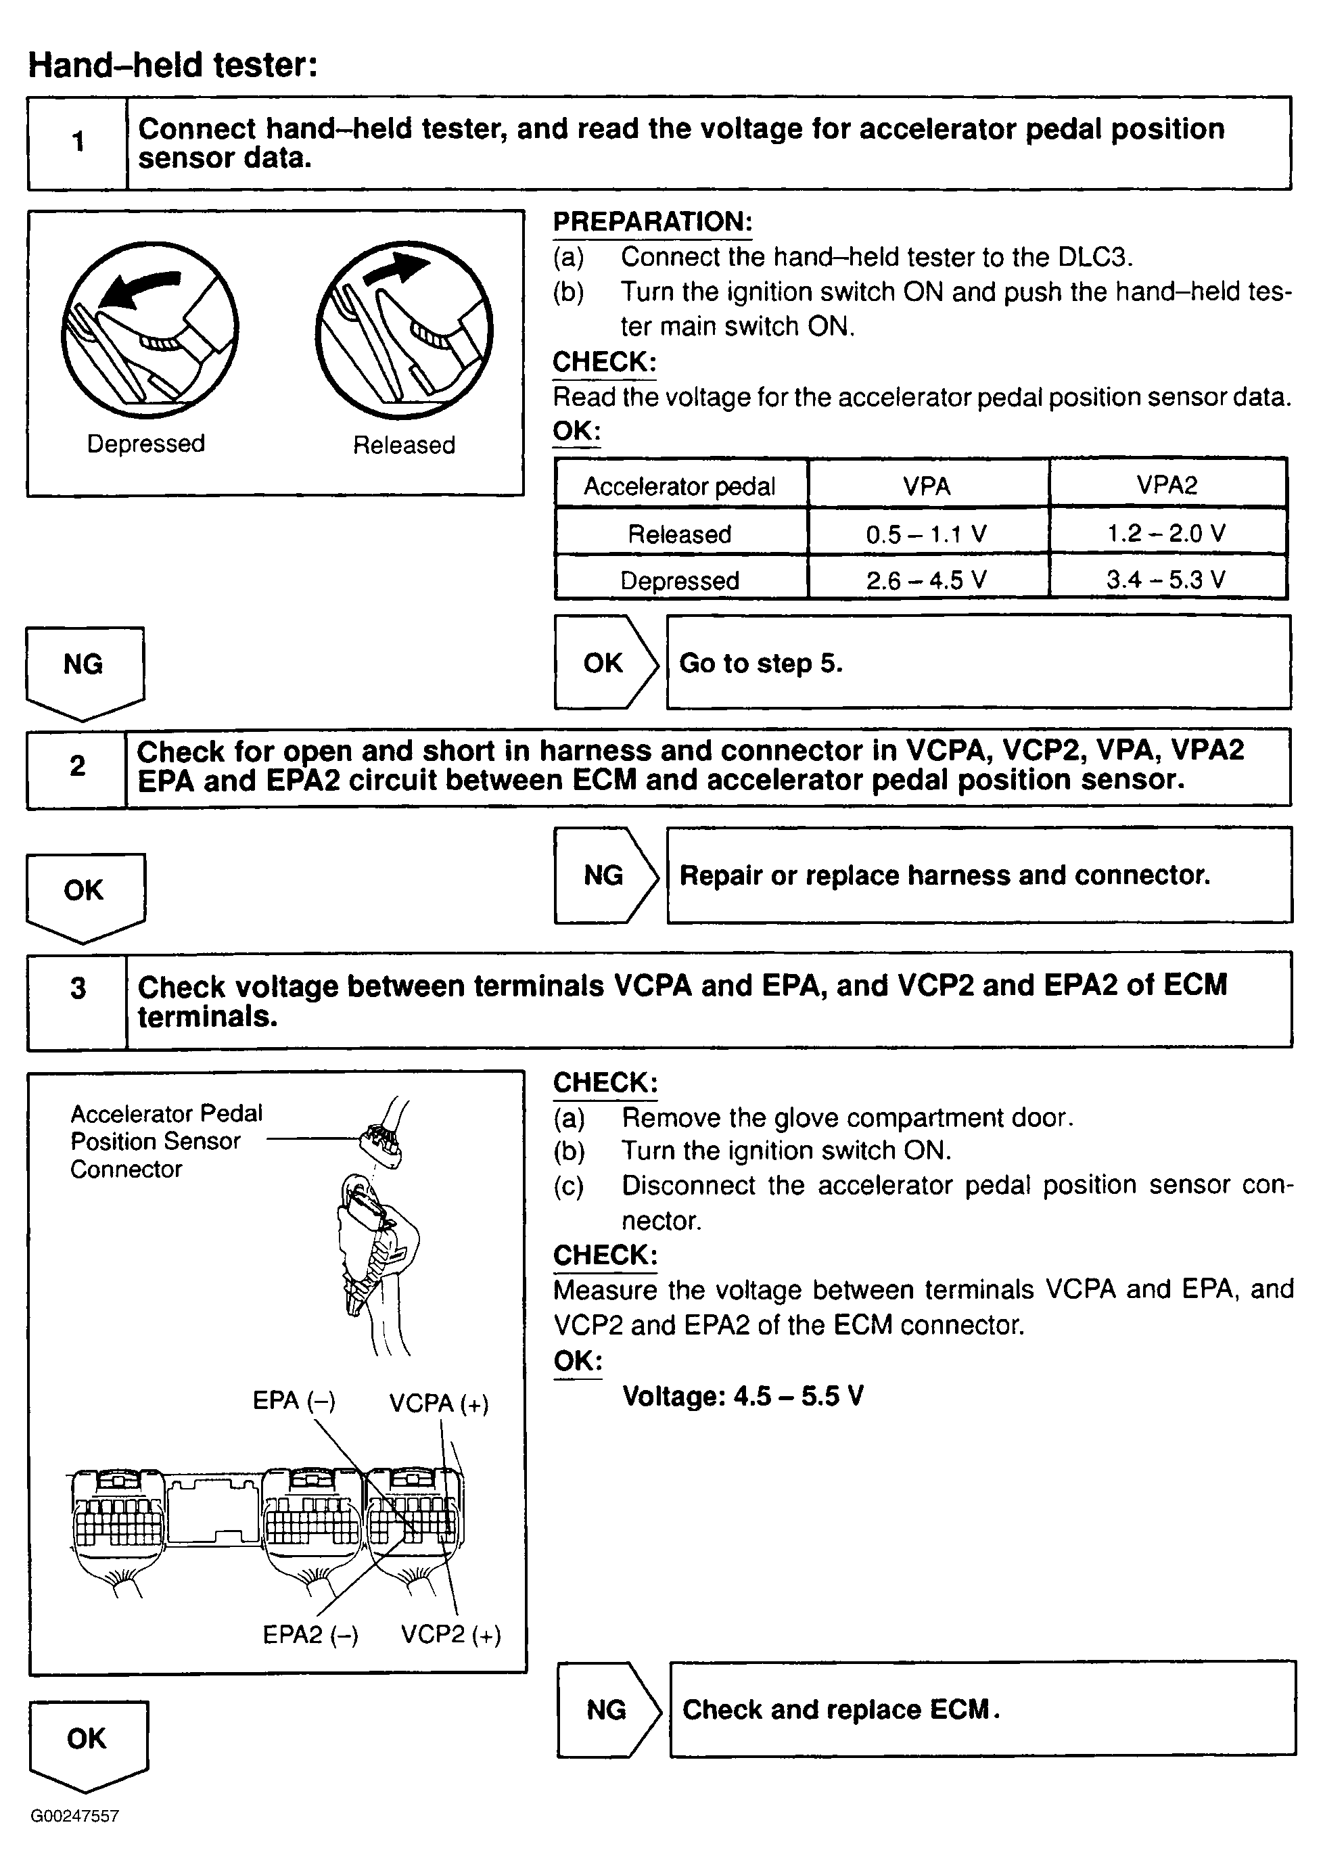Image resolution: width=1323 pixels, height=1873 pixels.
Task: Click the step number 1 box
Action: pyautogui.click(x=78, y=143)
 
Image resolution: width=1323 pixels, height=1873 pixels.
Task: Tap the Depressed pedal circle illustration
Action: pyautogui.click(x=150, y=329)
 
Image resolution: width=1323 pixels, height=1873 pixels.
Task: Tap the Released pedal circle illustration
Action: pyautogui.click(x=404, y=329)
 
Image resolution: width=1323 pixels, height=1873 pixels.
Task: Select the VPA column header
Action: pyautogui.click(x=927, y=486)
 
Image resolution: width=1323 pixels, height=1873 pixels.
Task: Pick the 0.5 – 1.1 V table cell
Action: pyautogui.click(x=927, y=534)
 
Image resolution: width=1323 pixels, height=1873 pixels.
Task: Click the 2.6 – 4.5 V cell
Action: pyautogui.click(x=927, y=580)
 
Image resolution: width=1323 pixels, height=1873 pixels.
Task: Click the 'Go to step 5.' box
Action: pyautogui.click(x=978, y=662)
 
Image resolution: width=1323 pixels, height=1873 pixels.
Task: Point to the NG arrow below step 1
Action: pyautogui.click(x=84, y=670)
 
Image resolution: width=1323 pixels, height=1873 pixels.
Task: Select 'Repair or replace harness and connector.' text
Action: pyautogui.click(x=944, y=875)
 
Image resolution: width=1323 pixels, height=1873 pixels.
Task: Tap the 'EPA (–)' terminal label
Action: pyautogui.click(x=294, y=1401)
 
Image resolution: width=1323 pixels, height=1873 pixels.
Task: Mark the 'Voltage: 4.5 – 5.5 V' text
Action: pyautogui.click(x=742, y=1395)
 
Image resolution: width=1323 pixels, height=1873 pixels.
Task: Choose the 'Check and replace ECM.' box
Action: pyautogui.click(x=982, y=1709)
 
